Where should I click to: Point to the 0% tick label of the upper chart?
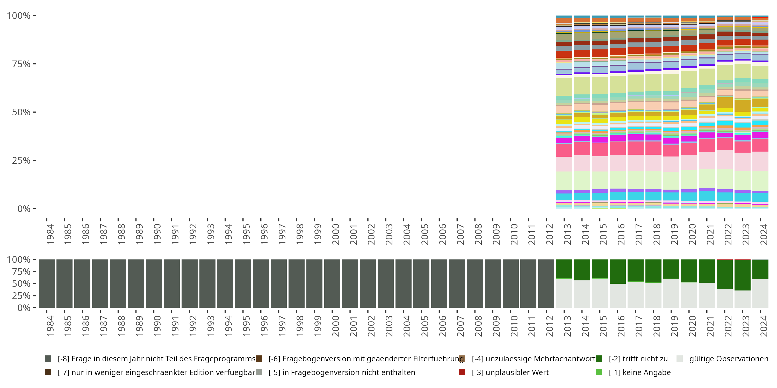[24, 209]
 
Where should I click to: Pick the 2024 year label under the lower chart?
[764, 326]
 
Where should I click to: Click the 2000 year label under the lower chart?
[335, 326]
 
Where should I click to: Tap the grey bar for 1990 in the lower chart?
[154, 283]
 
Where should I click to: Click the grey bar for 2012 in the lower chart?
[546, 283]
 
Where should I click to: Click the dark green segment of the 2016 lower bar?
[617, 271]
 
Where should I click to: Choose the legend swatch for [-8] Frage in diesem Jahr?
[48, 359]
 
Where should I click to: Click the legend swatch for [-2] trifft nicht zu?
[599, 359]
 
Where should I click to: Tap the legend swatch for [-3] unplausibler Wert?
[462, 372]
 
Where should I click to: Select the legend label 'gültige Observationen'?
[728, 359]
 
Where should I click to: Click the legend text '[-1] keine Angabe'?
[639, 372]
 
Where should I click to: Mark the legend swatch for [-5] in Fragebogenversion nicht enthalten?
[259, 372]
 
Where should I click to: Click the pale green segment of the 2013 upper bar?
[564, 181]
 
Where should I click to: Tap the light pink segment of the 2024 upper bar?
[760, 161]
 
